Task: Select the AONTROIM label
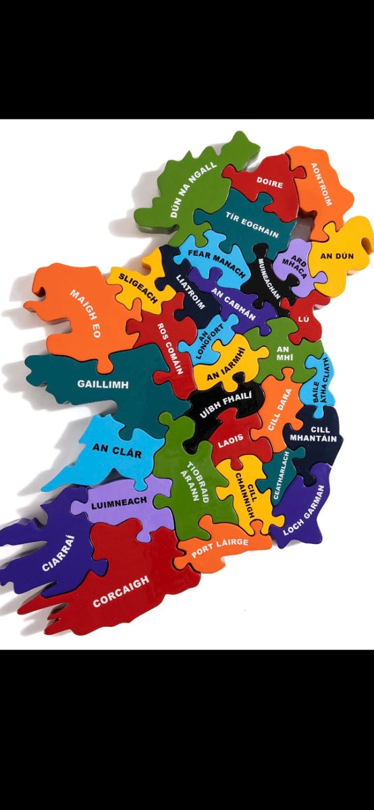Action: pos(321,184)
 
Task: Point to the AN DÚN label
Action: pos(336,256)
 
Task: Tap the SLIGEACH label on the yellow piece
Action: pos(138,286)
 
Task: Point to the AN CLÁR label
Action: pos(117,450)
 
